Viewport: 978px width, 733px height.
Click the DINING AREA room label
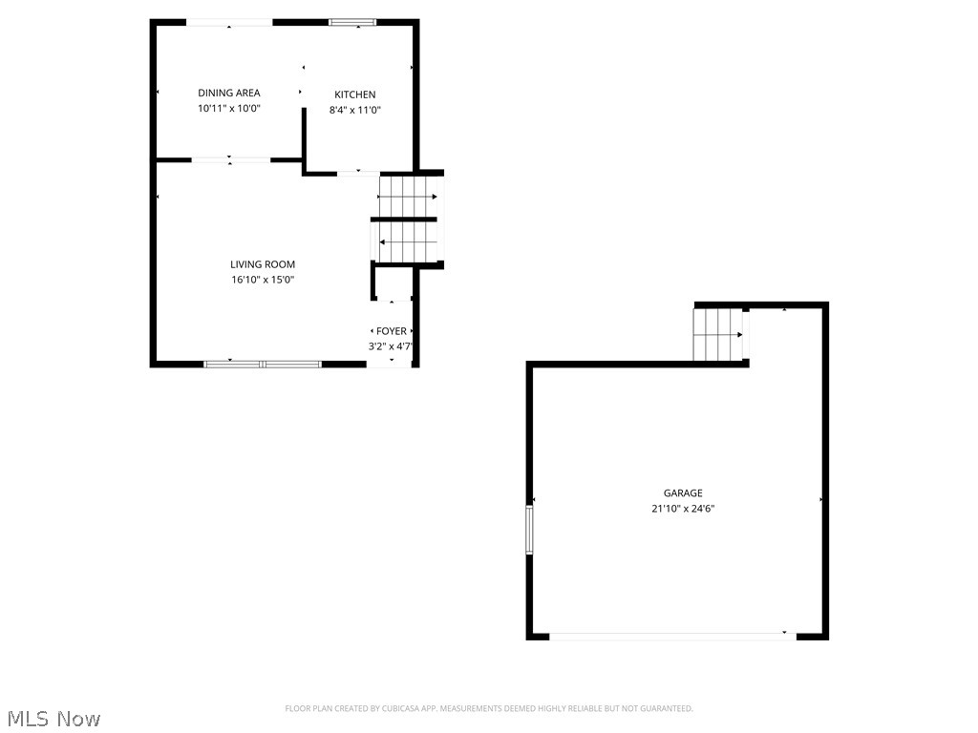pos(229,93)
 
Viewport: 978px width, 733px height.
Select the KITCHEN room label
pos(354,94)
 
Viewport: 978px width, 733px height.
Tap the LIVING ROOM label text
pos(263,264)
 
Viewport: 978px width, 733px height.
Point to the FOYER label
pos(391,331)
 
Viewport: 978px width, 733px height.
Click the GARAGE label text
pos(683,493)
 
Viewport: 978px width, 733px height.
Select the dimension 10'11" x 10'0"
pos(229,109)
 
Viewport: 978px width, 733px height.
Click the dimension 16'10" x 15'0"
pos(263,280)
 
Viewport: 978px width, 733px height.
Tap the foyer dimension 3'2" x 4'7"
pos(391,346)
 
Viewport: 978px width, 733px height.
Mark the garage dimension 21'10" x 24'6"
pos(683,509)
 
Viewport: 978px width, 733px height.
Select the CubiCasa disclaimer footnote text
pos(489,708)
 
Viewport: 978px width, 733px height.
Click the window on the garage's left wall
pos(529,530)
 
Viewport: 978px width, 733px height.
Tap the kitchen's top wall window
pos(352,22)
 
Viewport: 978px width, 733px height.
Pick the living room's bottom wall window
pos(263,364)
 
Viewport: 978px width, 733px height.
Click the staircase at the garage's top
pos(718,334)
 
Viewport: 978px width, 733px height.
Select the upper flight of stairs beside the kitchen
pos(408,197)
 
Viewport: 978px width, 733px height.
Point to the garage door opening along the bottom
pos(672,636)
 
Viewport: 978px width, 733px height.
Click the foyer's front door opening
pos(391,365)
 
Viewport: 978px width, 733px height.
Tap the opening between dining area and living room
pos(231,160)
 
